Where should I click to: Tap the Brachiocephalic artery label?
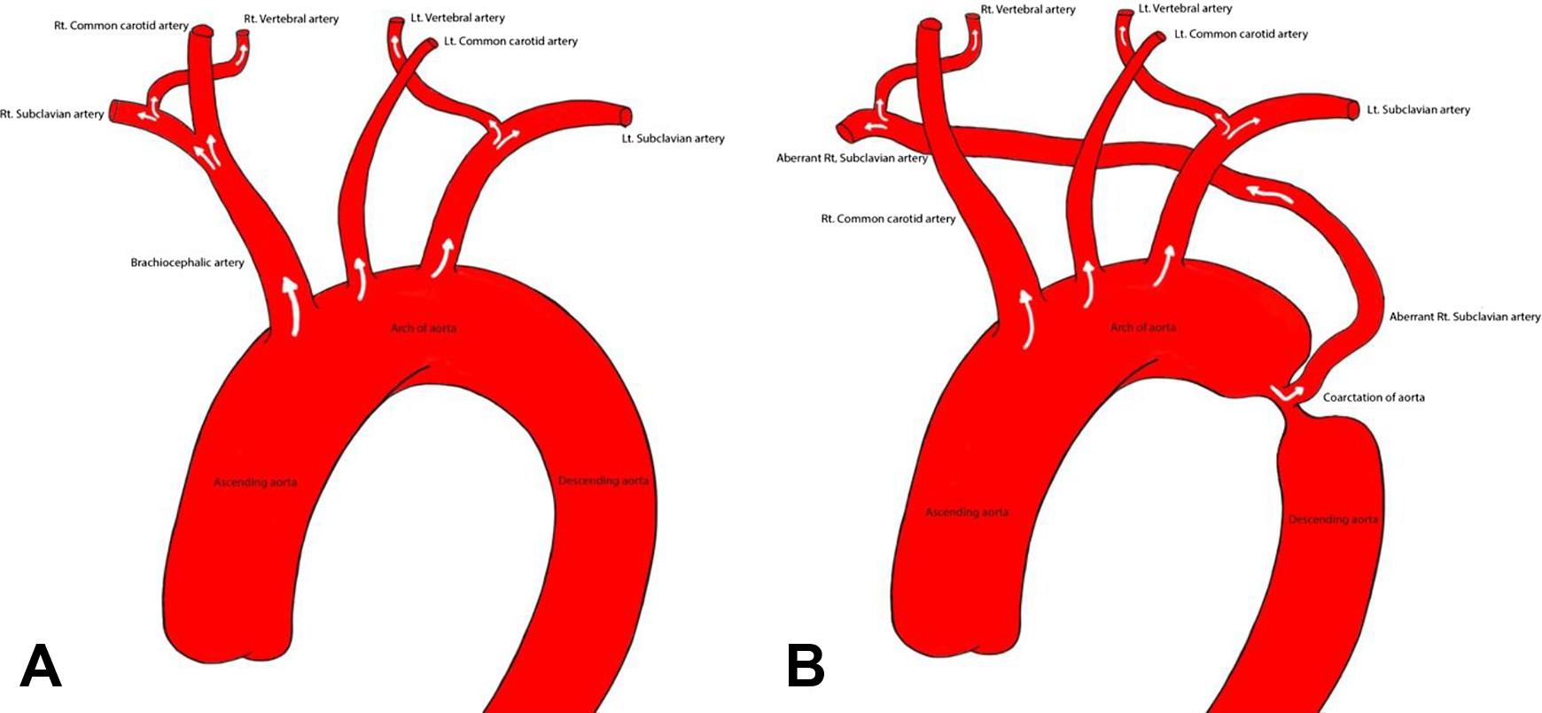pyautogui.click(x=187, y=262)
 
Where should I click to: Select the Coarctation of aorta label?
pyautogui.click(x=1374, y=397)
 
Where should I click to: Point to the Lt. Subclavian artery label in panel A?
pyautogui.click(x=673, y=138)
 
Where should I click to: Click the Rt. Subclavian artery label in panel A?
pyautogui.click(x=52, y=114)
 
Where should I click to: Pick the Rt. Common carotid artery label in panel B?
pyautogui.click(x=888, y=218)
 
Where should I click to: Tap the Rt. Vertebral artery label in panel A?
pyautogui.click(x=291, y=19)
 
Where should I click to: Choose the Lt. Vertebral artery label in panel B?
pyautogui.click(x=1185, y=9)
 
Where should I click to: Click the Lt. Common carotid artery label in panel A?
pyautogui.click(x=510, y=41)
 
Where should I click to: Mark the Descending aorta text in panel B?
pyautogui.click(x=1333, y=520)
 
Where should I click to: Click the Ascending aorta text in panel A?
pyautogui.click(x=255, y=482)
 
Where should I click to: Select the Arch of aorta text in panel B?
pyautogui.click(x=1142, y=327)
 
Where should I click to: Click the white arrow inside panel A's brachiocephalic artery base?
pyautogui.click(x=291, y=306)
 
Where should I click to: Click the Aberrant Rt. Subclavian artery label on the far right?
pyautogui.click(x=1464, y=317)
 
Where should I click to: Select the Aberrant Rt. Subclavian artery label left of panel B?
pyautogui.click(x=852, y=159)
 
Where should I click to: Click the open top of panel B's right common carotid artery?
pyautogui.click(x=930, y=26)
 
